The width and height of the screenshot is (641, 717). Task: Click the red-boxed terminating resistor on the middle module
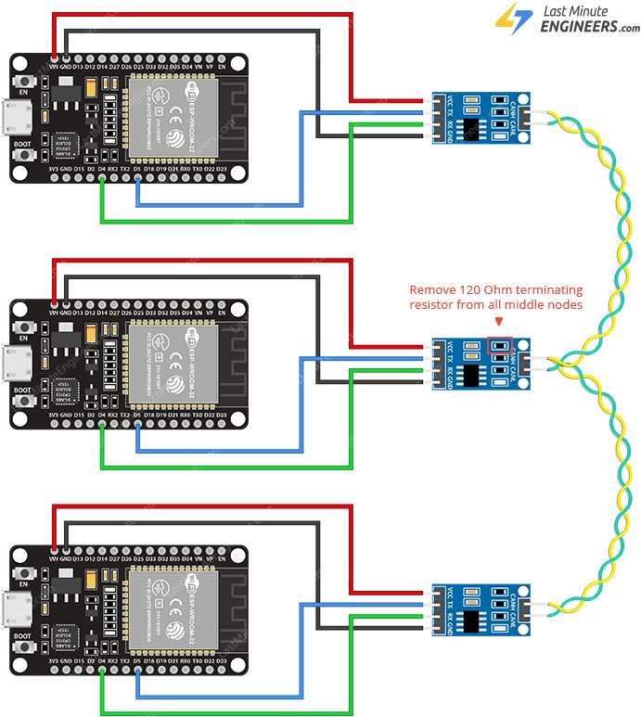(500, 345)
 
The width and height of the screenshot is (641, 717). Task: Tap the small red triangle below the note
(500, 321)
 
